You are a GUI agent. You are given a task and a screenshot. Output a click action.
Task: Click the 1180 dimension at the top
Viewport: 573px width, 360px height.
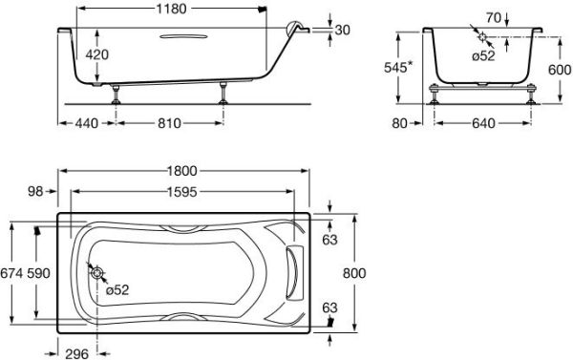171,9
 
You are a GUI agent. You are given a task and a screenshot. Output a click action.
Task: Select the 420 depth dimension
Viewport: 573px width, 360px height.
96,54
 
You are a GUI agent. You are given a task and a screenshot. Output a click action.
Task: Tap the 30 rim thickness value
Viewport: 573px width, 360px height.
343,30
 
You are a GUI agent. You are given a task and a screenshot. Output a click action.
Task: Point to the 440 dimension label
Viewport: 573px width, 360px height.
87,123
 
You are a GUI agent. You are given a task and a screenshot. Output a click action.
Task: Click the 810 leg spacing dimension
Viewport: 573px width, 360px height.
169,123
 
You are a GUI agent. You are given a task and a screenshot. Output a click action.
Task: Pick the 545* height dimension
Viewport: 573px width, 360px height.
398,67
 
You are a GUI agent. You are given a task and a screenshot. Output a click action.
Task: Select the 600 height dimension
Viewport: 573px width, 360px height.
560,70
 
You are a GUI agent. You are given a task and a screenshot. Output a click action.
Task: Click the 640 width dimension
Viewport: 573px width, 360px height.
483,123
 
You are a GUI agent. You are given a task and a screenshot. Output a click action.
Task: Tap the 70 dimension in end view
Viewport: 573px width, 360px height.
494,17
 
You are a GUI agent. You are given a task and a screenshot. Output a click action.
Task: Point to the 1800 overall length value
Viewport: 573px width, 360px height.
182,171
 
